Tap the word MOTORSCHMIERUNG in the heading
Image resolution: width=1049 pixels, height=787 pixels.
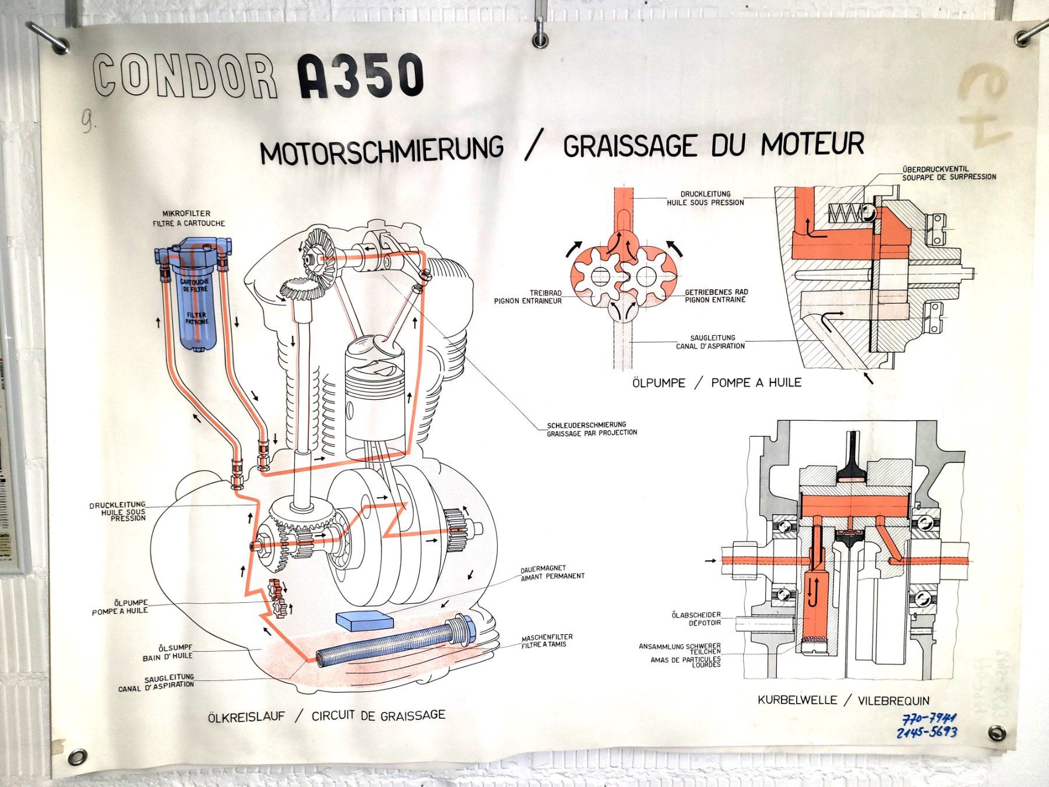(x=382, y=150)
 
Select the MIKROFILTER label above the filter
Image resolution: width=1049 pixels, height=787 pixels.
(x=186, y=214)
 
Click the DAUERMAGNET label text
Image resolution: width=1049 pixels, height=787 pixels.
(x=543, y=568)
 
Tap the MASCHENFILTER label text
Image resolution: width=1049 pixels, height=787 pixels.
(x=547, y=637)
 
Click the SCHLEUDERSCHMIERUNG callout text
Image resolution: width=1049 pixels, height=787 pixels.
(x=586, y=425)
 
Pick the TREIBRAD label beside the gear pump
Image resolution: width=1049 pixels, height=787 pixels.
(x=545, y=293)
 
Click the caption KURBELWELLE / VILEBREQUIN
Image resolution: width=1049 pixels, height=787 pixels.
(x=843, y=700)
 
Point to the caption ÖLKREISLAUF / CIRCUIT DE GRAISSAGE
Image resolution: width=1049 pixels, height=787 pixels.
(x=326, y=716)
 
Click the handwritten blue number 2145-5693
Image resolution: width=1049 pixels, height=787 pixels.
(x=927, y=732)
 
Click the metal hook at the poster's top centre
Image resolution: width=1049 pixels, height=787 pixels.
(x=540, y=32)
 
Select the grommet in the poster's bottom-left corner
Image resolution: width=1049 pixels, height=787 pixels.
(x=76, y=757)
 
